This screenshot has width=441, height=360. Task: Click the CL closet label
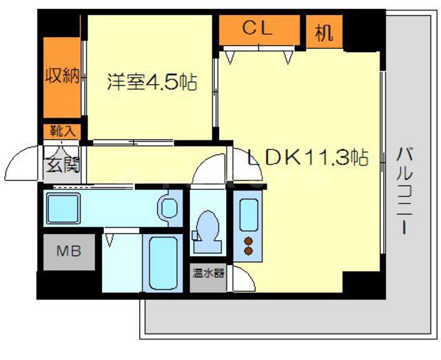(258, 29)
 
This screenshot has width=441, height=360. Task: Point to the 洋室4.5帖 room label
(152, 83)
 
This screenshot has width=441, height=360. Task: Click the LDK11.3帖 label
(308, 158)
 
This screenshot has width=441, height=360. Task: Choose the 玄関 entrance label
(62, 165)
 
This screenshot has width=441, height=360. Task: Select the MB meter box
(68, 251)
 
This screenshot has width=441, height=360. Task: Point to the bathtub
(163, 264)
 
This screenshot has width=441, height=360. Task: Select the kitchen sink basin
(245, 213)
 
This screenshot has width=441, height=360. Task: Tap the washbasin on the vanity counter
(165, 207)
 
